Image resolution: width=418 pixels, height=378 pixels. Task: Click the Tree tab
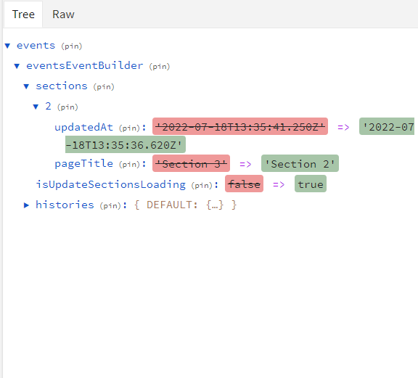pos(23,15)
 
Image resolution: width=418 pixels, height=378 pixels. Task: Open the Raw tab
pos(63,15)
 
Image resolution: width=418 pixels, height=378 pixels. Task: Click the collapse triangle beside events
pos(7,46)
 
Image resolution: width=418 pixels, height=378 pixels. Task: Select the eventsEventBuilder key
pos(84,65)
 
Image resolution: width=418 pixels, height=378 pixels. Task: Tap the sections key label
pos(62,86)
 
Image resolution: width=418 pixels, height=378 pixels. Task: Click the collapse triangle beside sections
pos(26,86)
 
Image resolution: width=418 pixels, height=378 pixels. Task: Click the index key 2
pos(48,107)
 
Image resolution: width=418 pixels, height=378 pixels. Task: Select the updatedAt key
pos(83,127)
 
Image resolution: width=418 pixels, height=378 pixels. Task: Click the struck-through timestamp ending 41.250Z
pos(240,126)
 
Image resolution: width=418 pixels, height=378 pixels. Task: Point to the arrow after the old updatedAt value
pos(343,127)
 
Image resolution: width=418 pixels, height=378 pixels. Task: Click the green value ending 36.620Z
pos(126,144)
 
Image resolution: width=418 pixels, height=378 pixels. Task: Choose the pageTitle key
pos(83,164)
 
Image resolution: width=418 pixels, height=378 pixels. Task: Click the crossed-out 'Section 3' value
pos(191,163)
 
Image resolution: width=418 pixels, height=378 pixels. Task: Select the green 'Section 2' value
pos(300,163)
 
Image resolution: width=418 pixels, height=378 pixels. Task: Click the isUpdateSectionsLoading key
pos(110,184)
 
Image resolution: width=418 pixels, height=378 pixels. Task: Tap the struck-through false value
pos(244,184)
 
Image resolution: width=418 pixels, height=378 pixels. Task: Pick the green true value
pos(311,184)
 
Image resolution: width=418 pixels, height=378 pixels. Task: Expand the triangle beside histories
pos(26,205)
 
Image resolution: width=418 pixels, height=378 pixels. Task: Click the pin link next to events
pos(71,46)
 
